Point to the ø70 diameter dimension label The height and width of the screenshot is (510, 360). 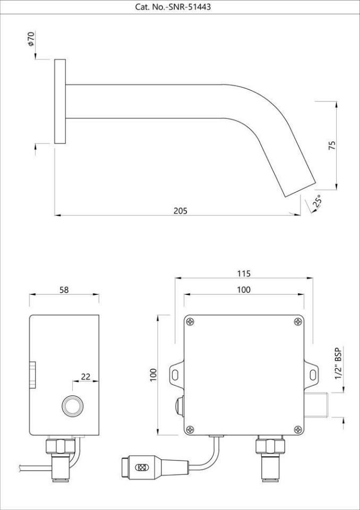coord(31,40)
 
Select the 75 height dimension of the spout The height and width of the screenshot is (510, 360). coord(332,145)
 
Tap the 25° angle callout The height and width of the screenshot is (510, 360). coord(317,201)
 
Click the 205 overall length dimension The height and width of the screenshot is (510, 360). coord(181,210)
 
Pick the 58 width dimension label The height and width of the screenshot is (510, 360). coord(64,290)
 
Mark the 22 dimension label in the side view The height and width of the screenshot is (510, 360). coord(85,377)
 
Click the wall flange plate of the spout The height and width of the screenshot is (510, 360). coord(60,101)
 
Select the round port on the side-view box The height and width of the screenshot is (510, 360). coord(71,406)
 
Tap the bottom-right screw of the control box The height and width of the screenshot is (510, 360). coord(298,429)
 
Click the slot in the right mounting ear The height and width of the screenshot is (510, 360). coord(312,375)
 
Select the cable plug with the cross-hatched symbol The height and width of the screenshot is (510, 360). coord(142,468)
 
